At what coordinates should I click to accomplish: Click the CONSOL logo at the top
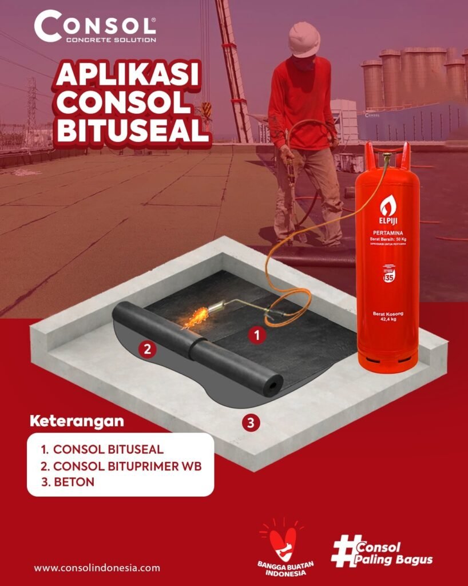(94, 26)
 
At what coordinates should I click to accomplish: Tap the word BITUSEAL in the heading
(133, 130)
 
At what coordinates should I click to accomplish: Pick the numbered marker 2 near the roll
(147, 349)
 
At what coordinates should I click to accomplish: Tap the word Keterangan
(76, 422)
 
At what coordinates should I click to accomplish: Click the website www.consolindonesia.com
(97, 568)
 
